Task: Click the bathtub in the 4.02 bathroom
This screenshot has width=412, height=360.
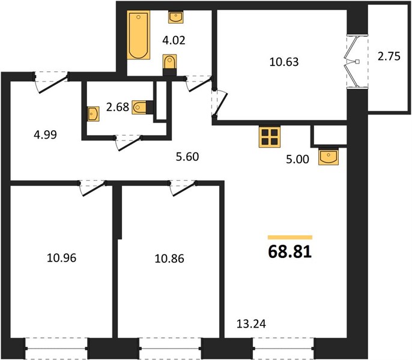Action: point(139,35)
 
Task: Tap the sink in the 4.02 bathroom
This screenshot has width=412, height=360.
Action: point(176,17)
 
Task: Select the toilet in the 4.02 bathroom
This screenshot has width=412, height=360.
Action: point(170,65)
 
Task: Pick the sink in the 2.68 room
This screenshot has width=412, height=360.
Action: point(93,113)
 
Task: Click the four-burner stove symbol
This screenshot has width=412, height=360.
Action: point(270,137)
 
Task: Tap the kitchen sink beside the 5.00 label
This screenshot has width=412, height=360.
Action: point(329,157)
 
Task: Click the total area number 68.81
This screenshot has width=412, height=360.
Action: point(290,252)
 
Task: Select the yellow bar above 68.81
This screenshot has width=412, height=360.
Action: point(290,238)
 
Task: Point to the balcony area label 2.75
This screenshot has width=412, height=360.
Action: point(389,56)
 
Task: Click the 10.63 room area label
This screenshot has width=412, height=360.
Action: point(284,62)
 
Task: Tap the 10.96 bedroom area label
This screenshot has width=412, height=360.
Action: point(61,258)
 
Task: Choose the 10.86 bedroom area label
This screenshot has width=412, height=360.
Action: point(169,259)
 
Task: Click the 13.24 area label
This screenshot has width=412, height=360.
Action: point(251,324)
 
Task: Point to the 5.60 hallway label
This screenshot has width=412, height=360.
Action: point(187,157)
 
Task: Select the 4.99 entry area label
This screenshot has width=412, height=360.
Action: point(46,135)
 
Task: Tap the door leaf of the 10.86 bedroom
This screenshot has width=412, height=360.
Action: point(184,189)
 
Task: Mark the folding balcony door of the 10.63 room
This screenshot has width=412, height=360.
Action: point(351,62)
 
